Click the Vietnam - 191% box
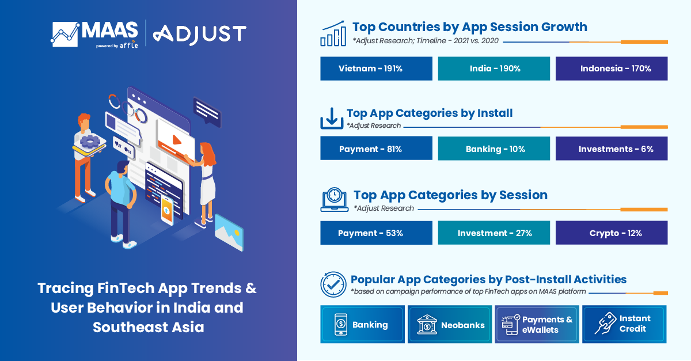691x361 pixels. tap(376, 69)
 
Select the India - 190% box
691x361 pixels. tap(495, 69)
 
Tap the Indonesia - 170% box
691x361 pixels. tap(612, 69)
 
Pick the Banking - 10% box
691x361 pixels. tap(495, 149)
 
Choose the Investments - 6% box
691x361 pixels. tap(612, 149)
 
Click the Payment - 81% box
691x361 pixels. tap(376, 149)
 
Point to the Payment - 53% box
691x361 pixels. tap(376, 233)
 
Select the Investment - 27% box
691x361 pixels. tap(495, 233)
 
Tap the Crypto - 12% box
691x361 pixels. tap(612, 233)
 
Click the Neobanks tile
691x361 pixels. tap(450, 325)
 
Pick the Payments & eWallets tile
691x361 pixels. tap(537, 325)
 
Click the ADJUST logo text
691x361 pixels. tap(200, 35)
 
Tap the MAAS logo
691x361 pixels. tap(95, 34)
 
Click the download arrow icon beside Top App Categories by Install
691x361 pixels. tap(332, 118)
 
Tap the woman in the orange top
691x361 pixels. tap(207, 184)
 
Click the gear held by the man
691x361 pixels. tap(90, 141)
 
